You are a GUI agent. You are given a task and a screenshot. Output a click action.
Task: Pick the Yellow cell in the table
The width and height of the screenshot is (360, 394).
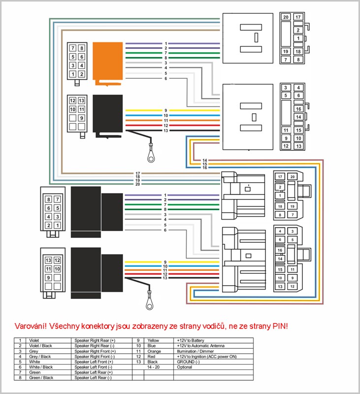154,340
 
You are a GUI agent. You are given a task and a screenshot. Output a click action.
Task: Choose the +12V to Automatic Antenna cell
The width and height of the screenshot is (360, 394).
200,345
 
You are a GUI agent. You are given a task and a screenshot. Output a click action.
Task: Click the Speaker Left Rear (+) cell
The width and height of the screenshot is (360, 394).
93,373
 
